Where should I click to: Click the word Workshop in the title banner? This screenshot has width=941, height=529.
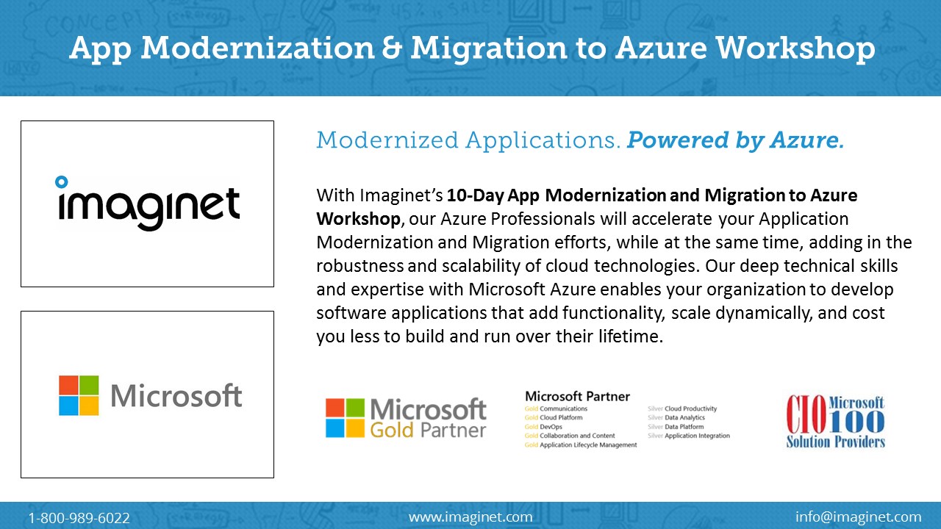795,48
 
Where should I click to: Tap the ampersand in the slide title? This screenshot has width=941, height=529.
392,48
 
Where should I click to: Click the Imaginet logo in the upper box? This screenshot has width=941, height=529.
148,204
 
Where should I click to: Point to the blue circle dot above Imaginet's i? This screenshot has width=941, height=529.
61,181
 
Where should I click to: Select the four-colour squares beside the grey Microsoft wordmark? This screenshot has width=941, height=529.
79,395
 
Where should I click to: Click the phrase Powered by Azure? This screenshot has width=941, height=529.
735,141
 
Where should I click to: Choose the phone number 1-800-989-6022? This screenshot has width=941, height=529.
79,518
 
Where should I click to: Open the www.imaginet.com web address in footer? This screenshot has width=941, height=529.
470,517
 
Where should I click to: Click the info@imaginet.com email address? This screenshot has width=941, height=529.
858,517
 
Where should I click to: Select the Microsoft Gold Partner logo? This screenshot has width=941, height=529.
406,418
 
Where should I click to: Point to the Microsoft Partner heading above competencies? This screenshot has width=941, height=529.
577,396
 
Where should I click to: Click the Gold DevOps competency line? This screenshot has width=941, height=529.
543,427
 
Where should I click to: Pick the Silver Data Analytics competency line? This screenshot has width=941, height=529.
676,417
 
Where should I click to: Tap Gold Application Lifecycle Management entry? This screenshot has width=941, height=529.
581,445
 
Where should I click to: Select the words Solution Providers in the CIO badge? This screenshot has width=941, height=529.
836,442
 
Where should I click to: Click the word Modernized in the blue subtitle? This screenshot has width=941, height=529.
387,140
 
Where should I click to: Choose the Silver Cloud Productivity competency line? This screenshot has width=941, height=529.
682,409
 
